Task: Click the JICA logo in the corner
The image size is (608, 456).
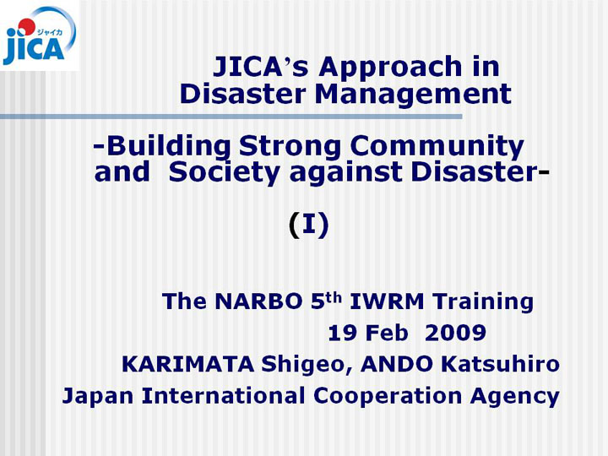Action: point(39,35)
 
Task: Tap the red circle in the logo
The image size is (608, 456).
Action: point(26,27)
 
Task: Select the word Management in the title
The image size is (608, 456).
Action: point(413,95)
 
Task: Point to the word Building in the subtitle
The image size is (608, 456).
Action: point(169,147)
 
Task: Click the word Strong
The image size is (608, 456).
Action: point(290,147)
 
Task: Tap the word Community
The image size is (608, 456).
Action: point(437,147)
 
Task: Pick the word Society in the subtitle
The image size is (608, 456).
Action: point(224,173)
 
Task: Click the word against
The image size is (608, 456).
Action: point(346,173)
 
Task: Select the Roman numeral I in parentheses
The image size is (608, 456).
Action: point(309,224)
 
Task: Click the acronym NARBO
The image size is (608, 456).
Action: point(258,301)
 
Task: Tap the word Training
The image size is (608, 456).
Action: point(483,302)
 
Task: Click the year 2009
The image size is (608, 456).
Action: point(455,333)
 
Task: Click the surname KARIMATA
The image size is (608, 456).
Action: point(188,364)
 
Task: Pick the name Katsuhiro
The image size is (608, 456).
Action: point(500,364)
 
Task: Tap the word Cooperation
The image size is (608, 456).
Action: point(388,396)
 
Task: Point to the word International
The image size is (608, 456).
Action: point(223,395)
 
